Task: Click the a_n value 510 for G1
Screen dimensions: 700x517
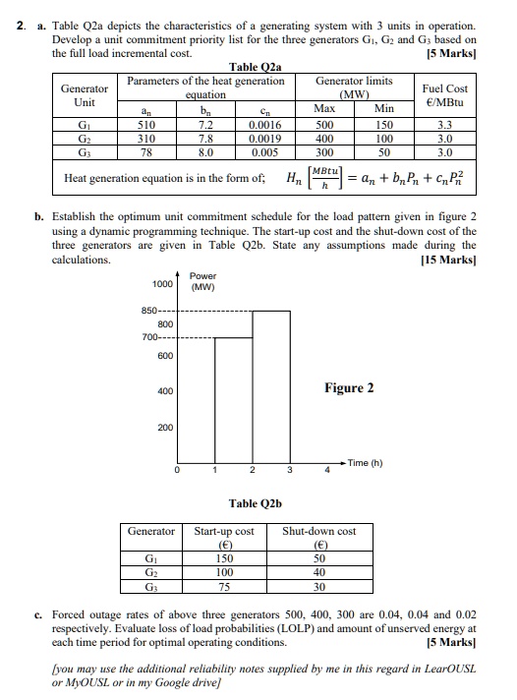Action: [x=148, y=126]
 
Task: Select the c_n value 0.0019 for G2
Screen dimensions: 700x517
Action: [x=263, y=139]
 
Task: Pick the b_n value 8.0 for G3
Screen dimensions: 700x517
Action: [x=206, y=152]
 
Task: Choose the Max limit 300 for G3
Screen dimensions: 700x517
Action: [x=323, y=152]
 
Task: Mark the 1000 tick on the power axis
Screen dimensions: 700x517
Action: [x=159, y=283]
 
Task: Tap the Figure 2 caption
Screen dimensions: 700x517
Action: [x=349, y=387]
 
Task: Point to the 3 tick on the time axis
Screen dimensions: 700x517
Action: [x=289, y=470]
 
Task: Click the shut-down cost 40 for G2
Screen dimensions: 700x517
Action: [x=319, y=574]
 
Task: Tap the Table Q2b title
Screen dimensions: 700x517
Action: [x=256, y=503]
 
